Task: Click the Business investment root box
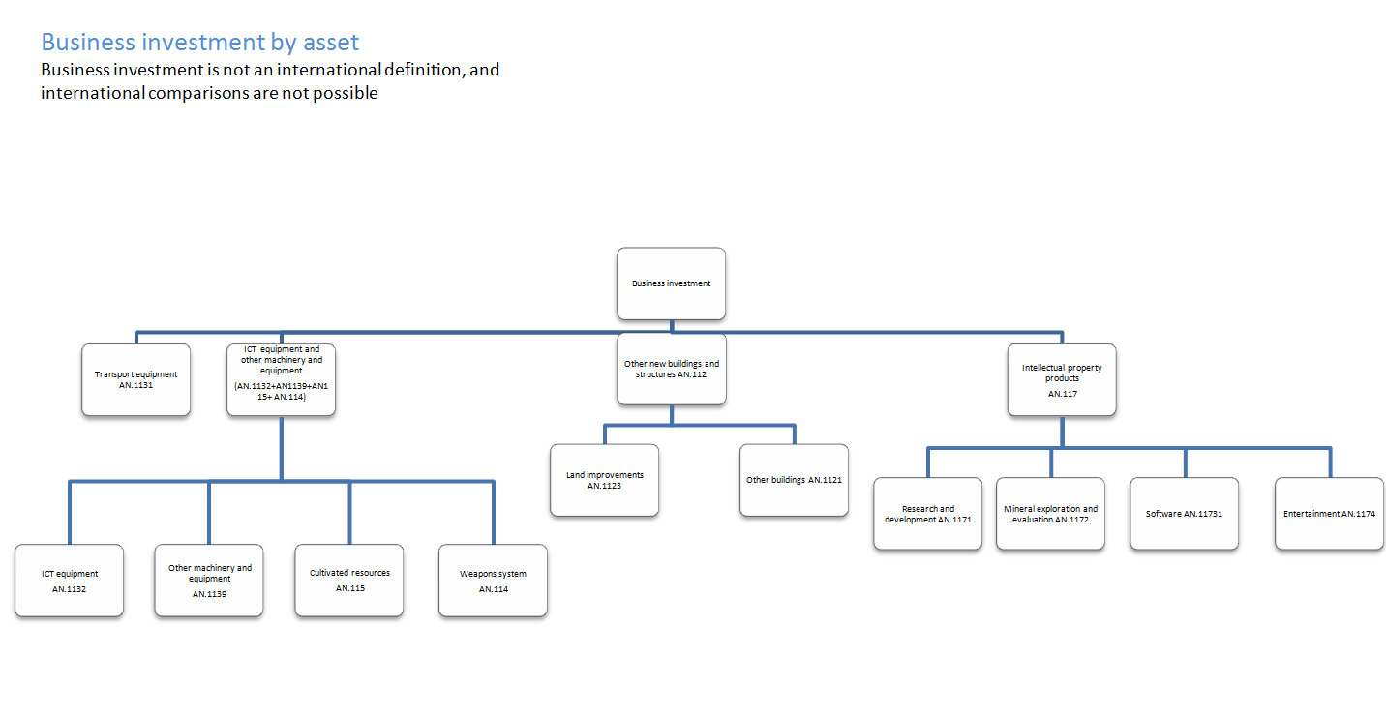(x=671, y=283)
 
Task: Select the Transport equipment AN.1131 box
(x=136, y=379)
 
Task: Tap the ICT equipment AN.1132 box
(x=69, y=581)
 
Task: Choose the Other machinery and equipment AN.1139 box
(x=209, y=581)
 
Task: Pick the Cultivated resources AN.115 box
(x=349, y=581)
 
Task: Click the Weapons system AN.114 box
(x=493, y=581)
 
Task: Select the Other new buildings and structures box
(x=671, y=369)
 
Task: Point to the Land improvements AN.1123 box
(x=604, y=480)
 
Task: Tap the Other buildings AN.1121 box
(x=794, y=480)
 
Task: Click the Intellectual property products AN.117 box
(x=1061, y=379)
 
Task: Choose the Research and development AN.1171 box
(x=927, y=514)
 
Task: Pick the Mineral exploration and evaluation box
(x=1050, y=514)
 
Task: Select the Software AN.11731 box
(x=1184, y=514)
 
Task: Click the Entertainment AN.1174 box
(x=1329, y=514)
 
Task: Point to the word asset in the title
(x=329, y=43)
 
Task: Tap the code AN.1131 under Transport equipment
(x=136, y=385)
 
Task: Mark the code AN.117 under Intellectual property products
(x=1062, y=394)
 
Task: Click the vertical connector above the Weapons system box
(x=493, y=513)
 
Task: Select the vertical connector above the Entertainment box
(x=1329, y=462)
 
